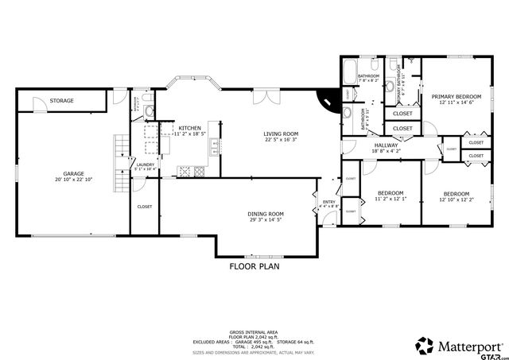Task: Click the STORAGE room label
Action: click(x=61, y=101)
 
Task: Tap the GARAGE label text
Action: click(x=74, y=173)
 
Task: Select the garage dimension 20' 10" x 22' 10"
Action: click(x=74, y=180)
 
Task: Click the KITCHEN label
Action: click(x=189, y=128)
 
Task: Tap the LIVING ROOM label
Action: click(x=281, y=134)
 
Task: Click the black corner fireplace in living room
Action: click(x=327, y=99)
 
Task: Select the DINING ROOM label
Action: click(x=266, y=214)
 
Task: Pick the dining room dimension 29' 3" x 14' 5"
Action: click(x=266, y=220)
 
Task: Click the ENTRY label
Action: click(x=328, y=201)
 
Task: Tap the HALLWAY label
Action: click(x=387, y=145)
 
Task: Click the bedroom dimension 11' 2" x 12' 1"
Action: click(x=390, y=199)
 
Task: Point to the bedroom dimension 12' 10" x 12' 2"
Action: click(x=456, y=200)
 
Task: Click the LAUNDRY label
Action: click(x=143, y=164)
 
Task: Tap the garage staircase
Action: click(x=120, y=164)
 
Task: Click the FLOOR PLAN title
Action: click(x=254, y=267)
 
